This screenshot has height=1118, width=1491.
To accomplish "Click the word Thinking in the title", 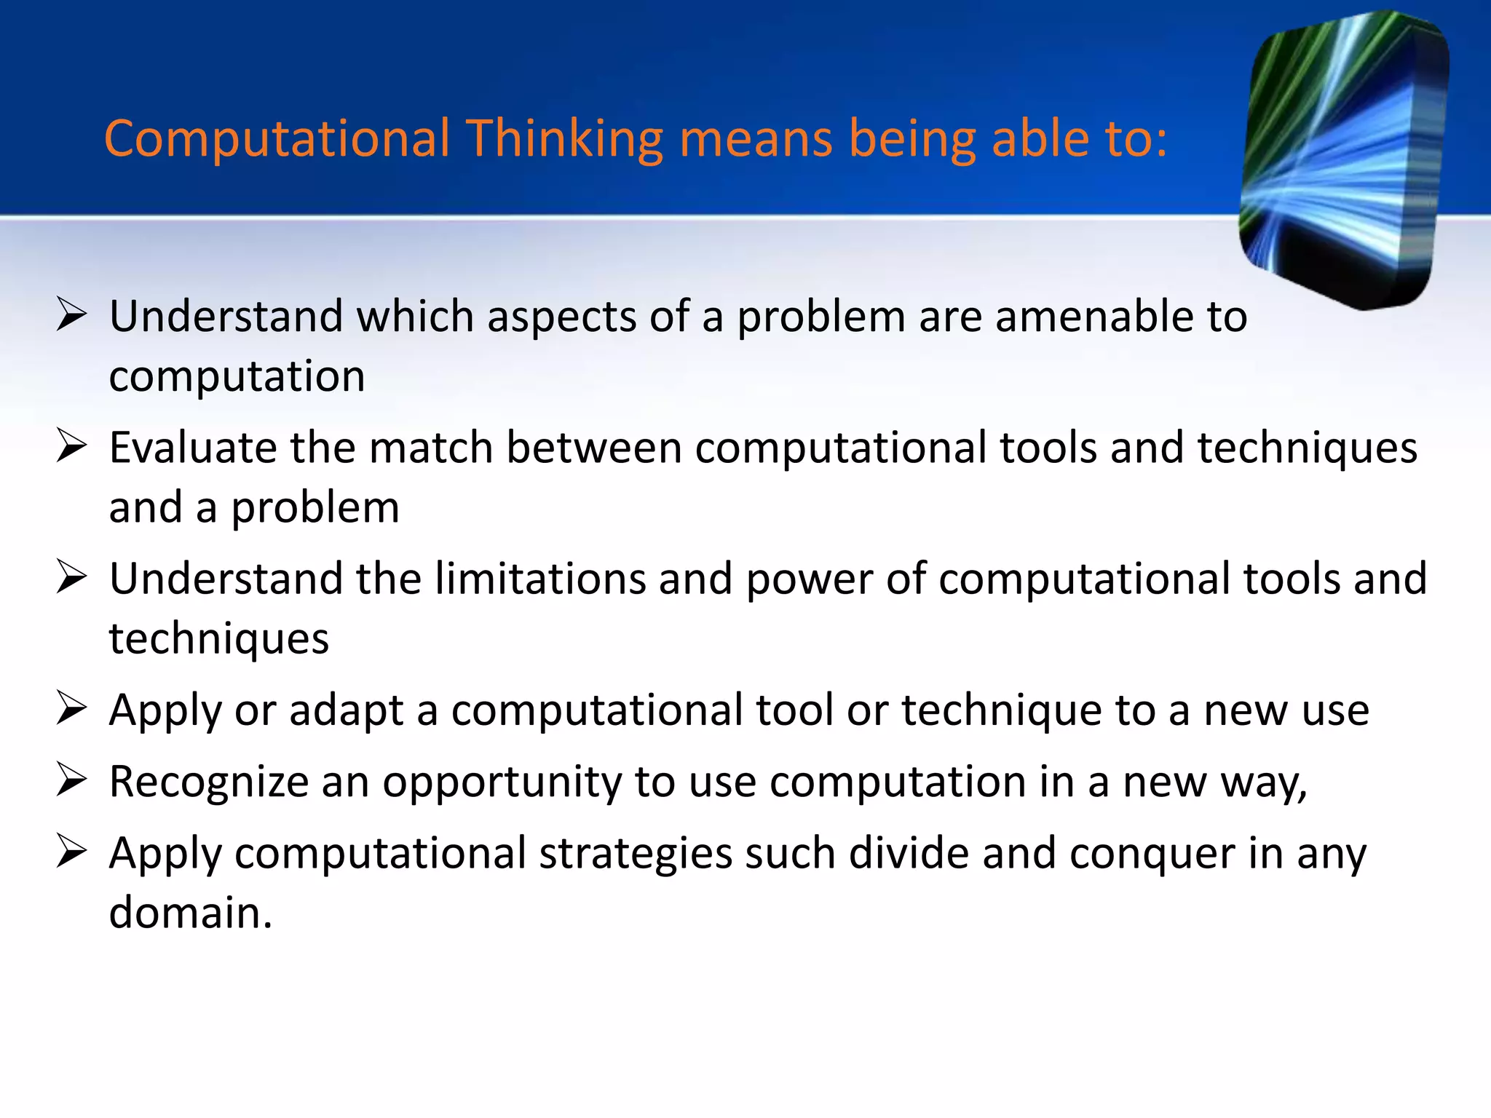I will point(564,138).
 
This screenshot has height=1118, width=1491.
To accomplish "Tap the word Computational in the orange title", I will point(277,138).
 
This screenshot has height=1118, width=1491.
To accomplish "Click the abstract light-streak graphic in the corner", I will point(1343,160).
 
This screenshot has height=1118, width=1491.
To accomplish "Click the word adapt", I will point(346,710).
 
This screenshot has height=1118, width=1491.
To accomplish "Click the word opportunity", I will point(502,782).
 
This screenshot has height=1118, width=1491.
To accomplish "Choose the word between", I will point(594,447).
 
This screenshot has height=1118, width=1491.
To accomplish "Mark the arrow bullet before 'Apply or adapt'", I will point(71,709).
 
